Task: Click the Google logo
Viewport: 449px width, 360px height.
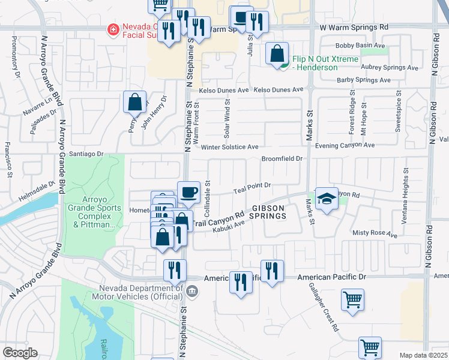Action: tap(20, 352)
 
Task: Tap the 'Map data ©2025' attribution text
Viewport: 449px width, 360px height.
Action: tap(424, 355)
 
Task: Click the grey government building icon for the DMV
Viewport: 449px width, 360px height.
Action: tap(191, 292)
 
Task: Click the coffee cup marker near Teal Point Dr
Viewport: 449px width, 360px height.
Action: tap(189, 192)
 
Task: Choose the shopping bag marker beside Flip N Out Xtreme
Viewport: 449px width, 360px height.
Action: tap(277, 54)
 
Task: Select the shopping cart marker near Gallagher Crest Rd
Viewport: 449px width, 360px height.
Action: tap(352, 299)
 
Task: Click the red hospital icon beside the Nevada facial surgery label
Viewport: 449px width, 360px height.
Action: tap(111, 29)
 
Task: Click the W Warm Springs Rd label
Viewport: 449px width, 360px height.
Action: tap(354, 28)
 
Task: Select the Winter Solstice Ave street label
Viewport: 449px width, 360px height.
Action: tap(229, 147)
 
